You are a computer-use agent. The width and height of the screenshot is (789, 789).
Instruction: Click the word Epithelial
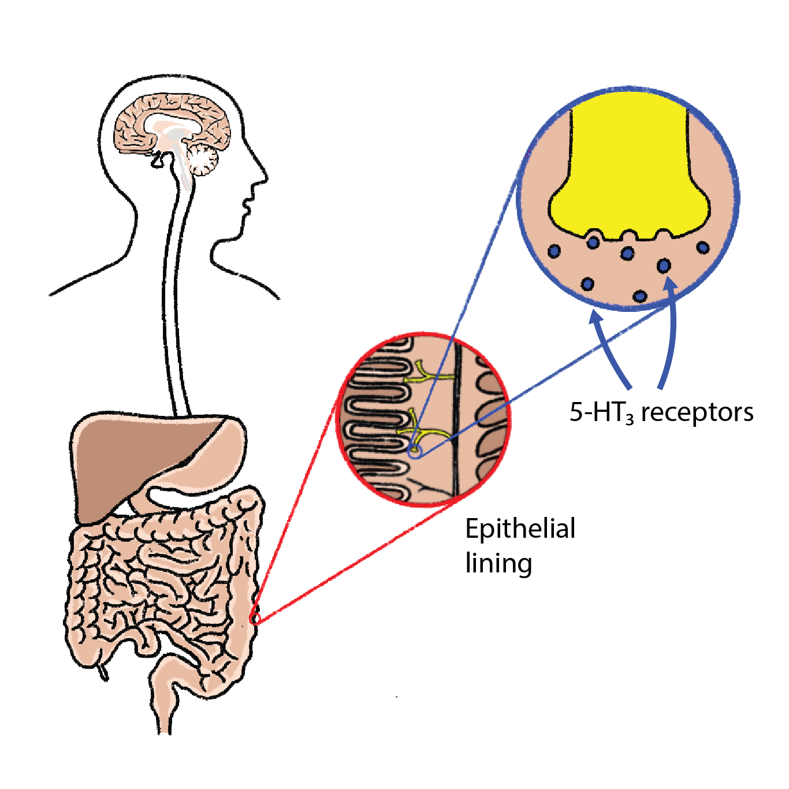click(520, 529)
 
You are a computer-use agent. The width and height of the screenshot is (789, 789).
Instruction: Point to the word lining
click(498, 563)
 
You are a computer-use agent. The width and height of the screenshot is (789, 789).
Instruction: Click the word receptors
click(697, 412)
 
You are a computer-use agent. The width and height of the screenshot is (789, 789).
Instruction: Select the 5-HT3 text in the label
click(601, 412)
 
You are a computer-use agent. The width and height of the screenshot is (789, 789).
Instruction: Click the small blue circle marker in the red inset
click(414, 451)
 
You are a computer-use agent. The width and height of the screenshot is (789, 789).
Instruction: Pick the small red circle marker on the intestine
click(254, 619)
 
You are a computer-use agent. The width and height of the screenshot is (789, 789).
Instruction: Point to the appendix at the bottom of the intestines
click(103, 671)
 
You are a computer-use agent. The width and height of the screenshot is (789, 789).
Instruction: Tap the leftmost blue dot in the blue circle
click(554, 251)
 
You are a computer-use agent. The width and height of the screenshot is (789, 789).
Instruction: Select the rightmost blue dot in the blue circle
click(702, 248)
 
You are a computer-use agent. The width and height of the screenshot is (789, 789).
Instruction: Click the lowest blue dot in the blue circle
click(639, 296)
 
